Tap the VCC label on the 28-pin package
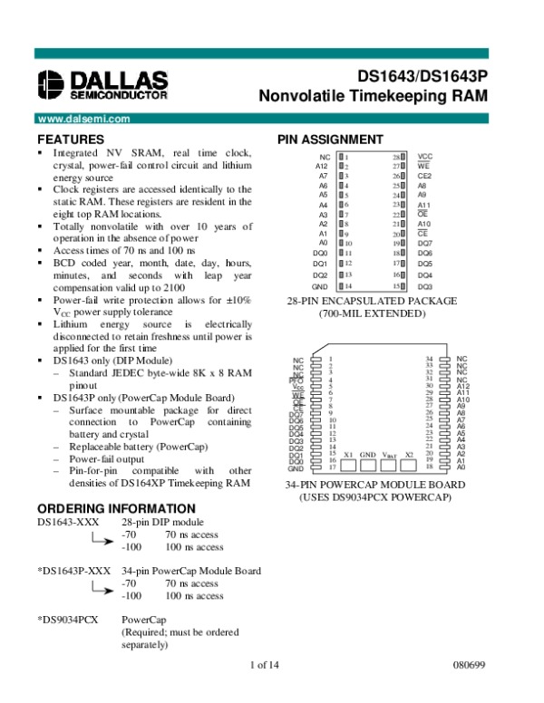tap(424, 157)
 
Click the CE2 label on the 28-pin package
tap(423, 176)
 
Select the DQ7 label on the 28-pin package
tap(424, 243)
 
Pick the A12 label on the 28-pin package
tap(321, 167)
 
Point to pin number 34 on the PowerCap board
tap(429, 360)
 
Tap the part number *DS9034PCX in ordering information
tap(68, 620)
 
